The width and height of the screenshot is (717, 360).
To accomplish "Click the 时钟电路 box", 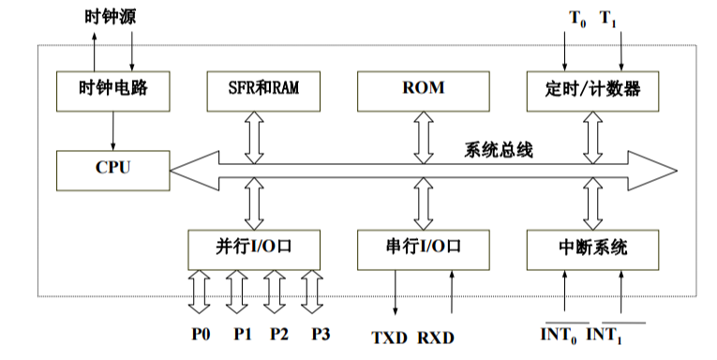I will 112,90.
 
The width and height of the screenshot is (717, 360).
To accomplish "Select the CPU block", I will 112,170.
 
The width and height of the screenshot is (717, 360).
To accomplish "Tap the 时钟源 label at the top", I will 112,15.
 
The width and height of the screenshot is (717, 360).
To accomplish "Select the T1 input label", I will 608,16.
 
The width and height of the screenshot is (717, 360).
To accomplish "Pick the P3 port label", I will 321,334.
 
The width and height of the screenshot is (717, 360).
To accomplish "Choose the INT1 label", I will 605,334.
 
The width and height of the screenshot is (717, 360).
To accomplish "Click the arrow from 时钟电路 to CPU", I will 112,130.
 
